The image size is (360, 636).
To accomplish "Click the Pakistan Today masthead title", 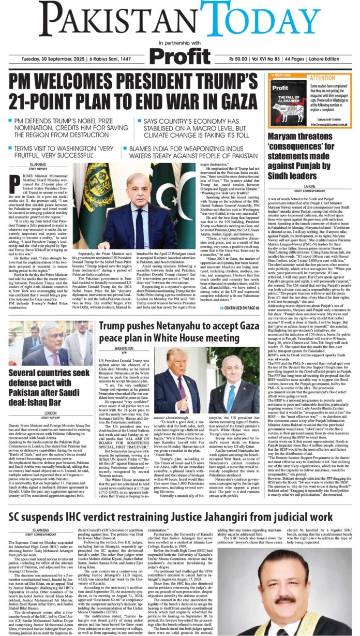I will click(x=180, y=18).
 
